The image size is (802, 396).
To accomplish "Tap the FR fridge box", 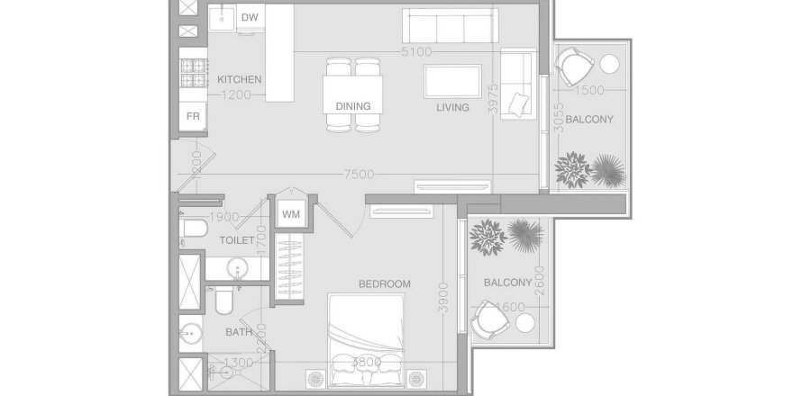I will click(193, 116).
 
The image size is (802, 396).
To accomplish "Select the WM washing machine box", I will click(290, 213).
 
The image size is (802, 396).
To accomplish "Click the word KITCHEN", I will click(240, 80).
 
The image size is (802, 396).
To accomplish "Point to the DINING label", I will click(353, 106).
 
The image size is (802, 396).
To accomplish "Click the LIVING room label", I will click(452, 107).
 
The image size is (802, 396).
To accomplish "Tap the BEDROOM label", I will click(384, 283).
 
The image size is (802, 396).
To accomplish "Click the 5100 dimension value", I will click(416, 53).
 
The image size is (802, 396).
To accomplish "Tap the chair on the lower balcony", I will click(491, 319).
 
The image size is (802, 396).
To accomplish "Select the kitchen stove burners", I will click(193, 74).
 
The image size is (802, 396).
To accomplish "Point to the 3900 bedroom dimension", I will click(442, 296).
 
